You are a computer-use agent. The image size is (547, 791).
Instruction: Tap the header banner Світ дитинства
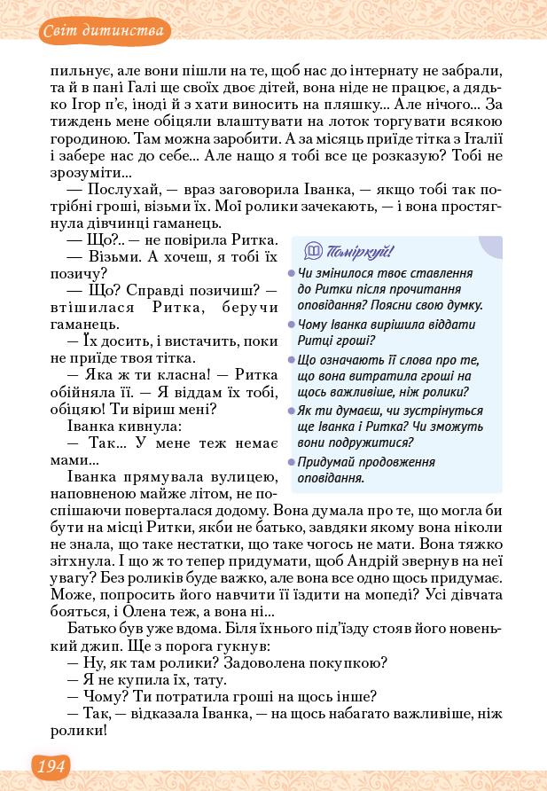105,33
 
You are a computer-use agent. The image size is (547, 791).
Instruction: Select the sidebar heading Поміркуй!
360,251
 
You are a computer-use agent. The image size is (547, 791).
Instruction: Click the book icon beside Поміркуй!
313,251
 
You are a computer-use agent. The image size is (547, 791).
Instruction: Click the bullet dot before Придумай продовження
291,463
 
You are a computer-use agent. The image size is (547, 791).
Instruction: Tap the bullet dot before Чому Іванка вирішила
291,325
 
